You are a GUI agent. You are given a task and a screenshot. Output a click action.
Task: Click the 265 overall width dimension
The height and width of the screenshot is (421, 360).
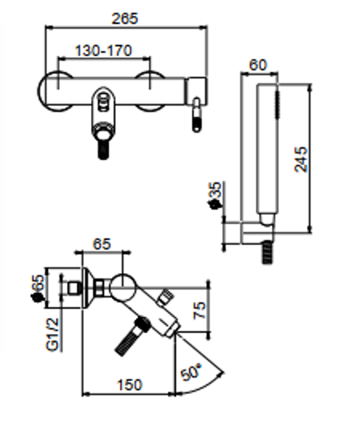[x=125, y=18]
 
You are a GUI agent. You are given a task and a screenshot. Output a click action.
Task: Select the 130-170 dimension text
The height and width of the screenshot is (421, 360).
[x=104, y=50]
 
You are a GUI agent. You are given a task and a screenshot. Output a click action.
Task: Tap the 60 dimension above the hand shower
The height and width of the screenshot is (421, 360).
[x=258, y=66]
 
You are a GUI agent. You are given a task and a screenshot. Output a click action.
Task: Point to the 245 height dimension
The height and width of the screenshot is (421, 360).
[x=301, y=159]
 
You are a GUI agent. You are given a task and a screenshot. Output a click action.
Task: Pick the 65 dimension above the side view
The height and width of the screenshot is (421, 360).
[x=102, y=244]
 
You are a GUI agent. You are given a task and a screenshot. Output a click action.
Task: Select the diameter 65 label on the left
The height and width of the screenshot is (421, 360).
[x=38, y=288]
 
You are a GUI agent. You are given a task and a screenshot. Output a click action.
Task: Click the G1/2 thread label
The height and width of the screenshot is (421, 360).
[x=52, y=335]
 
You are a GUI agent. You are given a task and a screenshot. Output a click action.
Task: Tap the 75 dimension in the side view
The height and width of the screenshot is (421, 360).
[x=200, y=310]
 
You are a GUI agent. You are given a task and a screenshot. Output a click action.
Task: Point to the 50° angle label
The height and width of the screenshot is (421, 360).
[x=191, y=372]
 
